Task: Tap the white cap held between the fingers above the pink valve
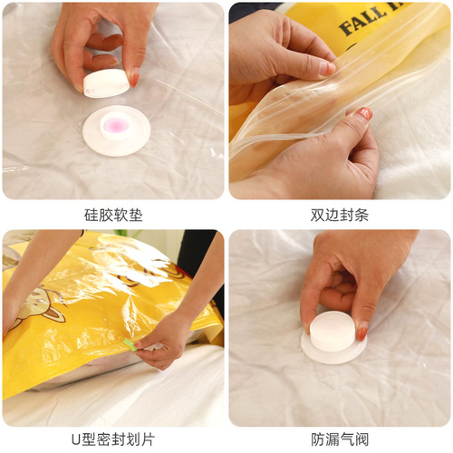tap(105, 83)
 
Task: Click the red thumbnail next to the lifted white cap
tap(134, 79)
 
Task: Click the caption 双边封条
tap(340, 216)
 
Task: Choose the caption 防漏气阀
tap(340, 439)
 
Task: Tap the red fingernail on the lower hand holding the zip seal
tap(364, 114)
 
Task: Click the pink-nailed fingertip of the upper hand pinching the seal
tap(328, 68)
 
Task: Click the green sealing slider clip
tap(130, 345)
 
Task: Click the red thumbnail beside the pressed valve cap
tap(362, 333)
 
